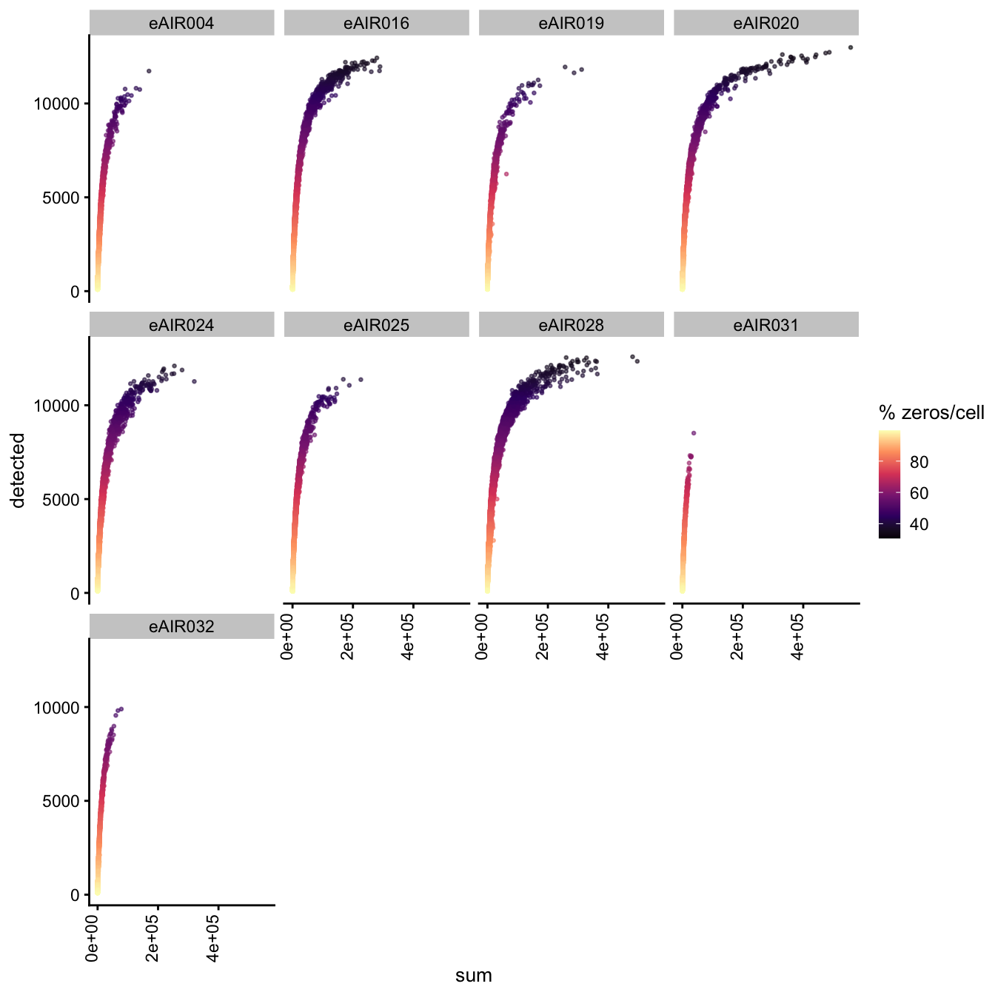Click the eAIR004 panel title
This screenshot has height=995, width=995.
(181, 24)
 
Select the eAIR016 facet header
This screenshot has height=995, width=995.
(376, 24)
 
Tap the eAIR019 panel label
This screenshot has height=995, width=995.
(571, 24)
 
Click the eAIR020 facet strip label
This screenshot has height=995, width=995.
(766, 24)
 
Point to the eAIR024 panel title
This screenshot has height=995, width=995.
(181, 325)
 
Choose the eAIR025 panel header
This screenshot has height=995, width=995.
(376, 325)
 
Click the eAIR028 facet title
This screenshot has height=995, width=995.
(571, 325)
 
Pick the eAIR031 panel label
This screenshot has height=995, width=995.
(766, 325)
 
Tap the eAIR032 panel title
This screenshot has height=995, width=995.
(181, 627)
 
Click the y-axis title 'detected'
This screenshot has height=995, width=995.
(19, 470)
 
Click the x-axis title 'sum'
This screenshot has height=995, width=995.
(474, 975)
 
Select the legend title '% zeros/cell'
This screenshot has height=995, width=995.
(931, 413)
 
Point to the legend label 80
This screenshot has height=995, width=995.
(919, 462)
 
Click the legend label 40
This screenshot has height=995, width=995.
(919, 525)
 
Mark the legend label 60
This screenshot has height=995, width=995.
(919, 493)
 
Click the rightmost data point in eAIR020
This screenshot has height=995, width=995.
(850, 47)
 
